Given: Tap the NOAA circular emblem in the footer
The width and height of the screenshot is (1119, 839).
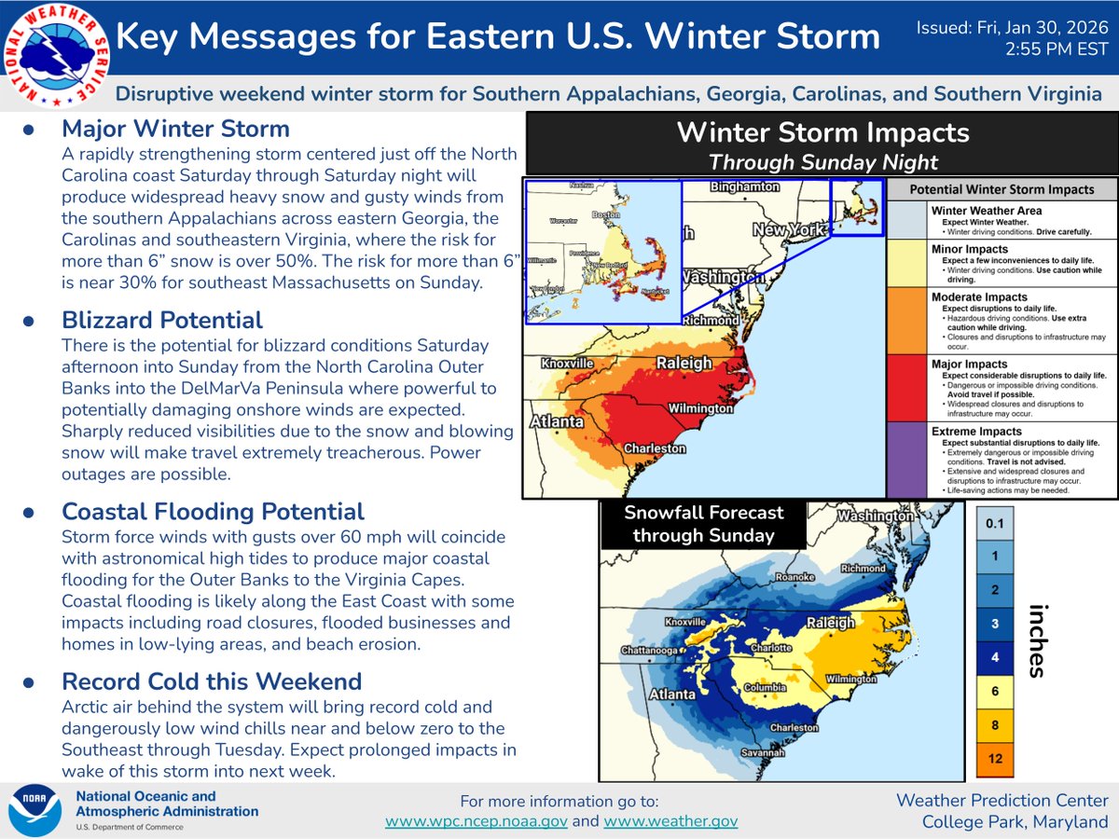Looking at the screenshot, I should (35, 809).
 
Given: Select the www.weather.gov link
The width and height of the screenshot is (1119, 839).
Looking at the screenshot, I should (670, 821).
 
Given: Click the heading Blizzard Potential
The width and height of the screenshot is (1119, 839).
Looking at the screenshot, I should (162, 321).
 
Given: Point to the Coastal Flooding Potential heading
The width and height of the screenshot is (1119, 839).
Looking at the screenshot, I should (213, 512).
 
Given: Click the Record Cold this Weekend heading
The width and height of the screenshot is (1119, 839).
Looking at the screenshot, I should (213, 681).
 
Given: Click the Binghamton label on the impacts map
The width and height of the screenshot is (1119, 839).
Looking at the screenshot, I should (744, 186).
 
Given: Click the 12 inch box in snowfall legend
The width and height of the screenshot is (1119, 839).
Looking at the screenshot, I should (994, 758).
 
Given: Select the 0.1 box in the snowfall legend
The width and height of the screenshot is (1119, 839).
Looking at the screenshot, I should (994, 524).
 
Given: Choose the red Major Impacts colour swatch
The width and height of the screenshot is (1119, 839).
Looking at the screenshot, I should (906, 387).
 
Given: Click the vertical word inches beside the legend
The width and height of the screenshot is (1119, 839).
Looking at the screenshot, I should (1035, 640).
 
